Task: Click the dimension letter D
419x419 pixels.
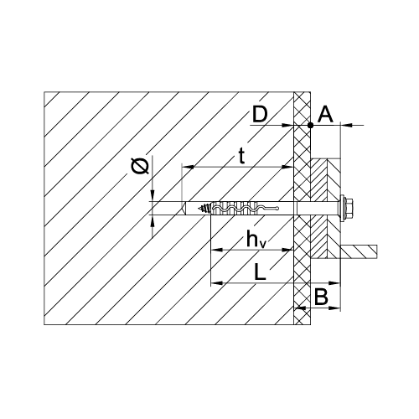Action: tap(260, 115)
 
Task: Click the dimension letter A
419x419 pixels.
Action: tap(326, 115)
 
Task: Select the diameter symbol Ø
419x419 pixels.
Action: tap(140, 166)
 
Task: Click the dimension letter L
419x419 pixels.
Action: tap(260, 272)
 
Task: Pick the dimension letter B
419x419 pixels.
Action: tap(321, 297)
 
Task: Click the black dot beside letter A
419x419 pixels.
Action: tap(310, 126)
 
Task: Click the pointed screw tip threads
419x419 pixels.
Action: tap(203, 208)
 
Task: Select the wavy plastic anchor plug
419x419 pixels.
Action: tap(245, 209)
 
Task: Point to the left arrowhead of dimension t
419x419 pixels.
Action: tap(188, 167)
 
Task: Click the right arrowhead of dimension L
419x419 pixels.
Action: tap(334, 283)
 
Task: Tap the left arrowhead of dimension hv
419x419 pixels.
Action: tap(217, 250)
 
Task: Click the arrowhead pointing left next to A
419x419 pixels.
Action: tap(347, 126)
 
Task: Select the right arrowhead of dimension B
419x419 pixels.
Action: tap(334, 308)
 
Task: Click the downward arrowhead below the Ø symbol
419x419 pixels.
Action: tap(153, 195)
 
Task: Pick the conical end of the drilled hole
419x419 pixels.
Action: tap(184, 209)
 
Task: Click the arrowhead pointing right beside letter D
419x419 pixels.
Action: tap(287, 126)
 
